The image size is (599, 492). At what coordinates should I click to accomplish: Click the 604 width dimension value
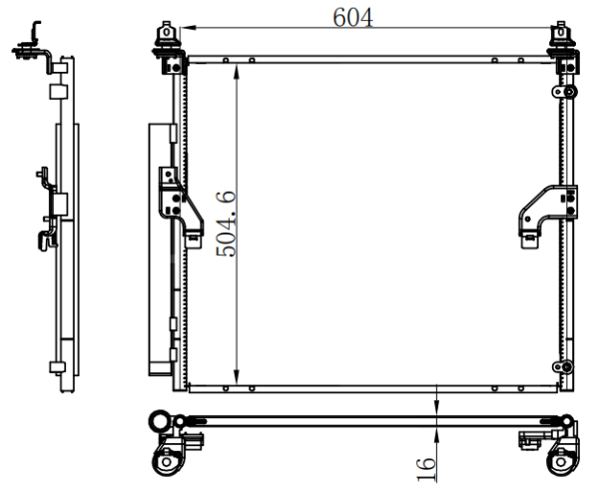[x=352, y=18]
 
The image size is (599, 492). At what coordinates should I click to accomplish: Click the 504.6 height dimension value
[x=227, y=224]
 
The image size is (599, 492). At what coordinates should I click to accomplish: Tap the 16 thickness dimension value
[x=425, y=469]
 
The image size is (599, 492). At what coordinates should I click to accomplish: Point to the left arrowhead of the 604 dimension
[x=188, y=28]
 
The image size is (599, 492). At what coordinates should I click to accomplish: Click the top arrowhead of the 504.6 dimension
[x=237, y=72]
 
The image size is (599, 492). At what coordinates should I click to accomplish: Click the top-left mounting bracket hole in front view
[x=167, y=32]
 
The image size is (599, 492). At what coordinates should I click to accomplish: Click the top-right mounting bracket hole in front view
[x=561, y=32]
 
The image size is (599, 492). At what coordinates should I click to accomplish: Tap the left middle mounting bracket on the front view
[x=181, y=207]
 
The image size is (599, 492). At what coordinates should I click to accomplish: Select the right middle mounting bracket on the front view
[x=548, y=216]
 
